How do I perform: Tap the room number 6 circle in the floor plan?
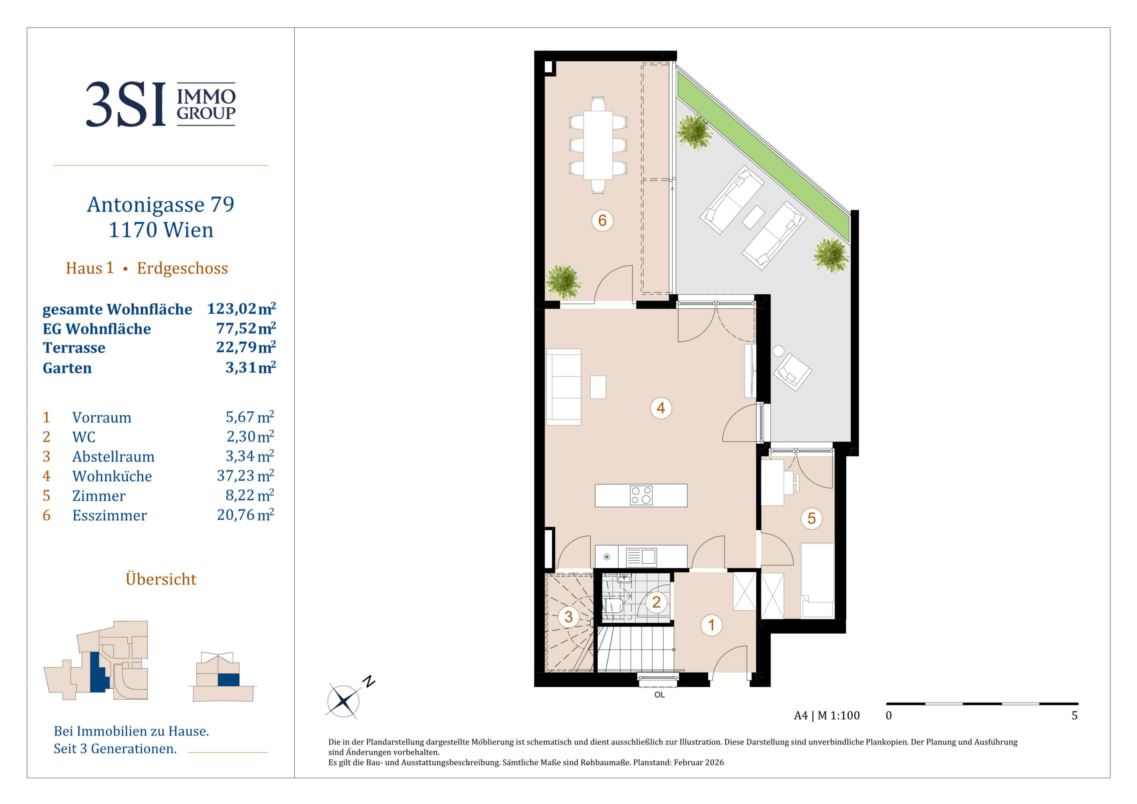coord(602,220)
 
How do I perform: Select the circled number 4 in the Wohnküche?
coord(661,408)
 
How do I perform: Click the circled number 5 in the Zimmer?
coord(811,519)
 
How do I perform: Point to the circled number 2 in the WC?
coord(656,602)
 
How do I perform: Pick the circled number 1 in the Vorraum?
coord(711,625)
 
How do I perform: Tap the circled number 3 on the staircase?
coord(569,617)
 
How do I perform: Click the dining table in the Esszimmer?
coord(598,145)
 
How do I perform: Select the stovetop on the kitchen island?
coord(641,495)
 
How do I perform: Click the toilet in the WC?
coord(613,605)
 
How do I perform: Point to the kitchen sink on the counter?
coord(641,557)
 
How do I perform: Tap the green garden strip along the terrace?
coord(763,157)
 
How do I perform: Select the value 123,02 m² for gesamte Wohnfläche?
coord(241,309)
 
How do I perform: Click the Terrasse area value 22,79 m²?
coord(246,347)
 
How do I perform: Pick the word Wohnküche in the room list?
coord(112,476)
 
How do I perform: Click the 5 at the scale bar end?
coord(1074,715)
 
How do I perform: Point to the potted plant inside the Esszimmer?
coord(563,281)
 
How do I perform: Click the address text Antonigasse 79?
coord(160,205)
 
